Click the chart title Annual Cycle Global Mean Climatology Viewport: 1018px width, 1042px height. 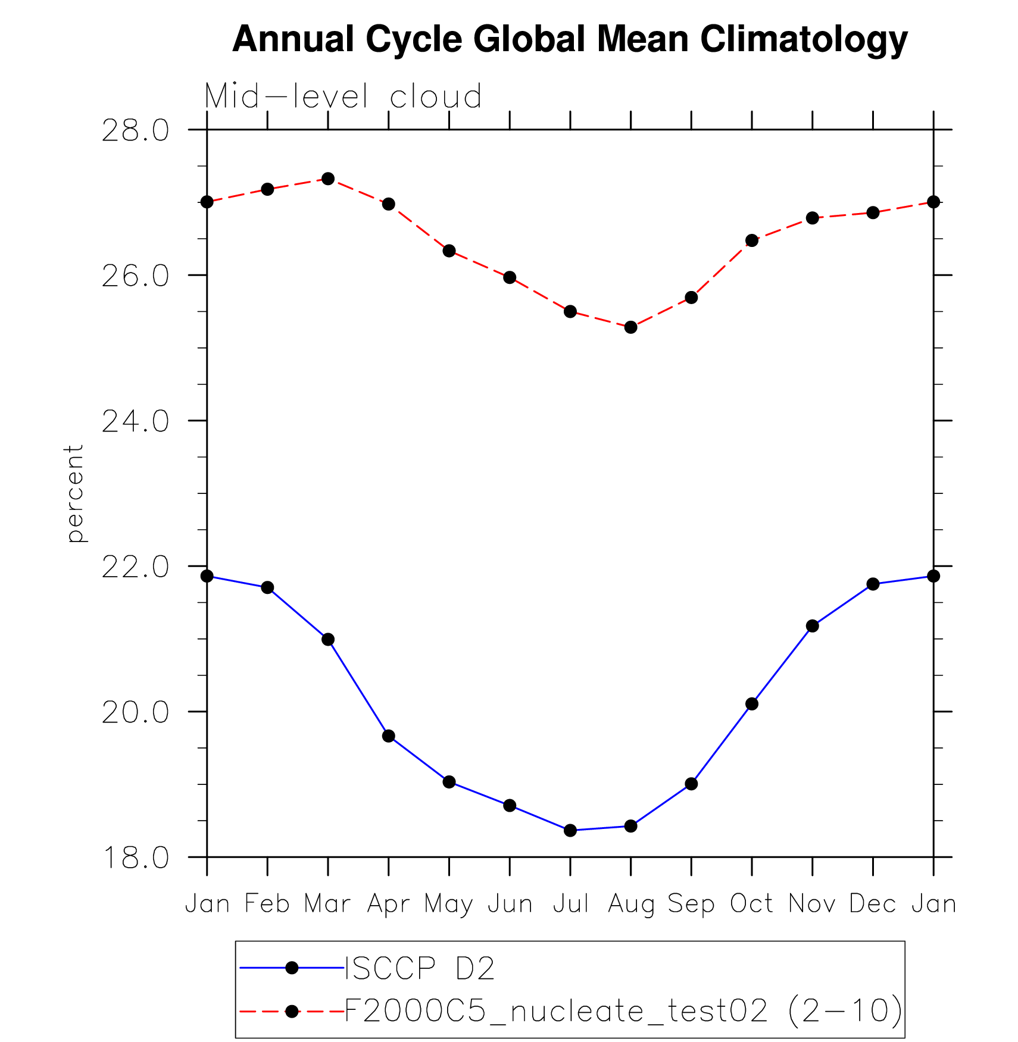pyautogui.click(x=570, y=39)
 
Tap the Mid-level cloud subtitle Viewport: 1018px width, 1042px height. pyautogui.click(x=343, y=96)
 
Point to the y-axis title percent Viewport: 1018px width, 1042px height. pyautogui.click(x=74, y=494)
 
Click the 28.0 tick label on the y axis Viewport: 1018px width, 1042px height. pyautogui.click(x=135, y=130)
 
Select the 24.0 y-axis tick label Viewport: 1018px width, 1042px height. pyautogui.click(x=135, y=421)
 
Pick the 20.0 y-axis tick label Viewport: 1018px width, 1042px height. pyautogui.click(x=135, y=712)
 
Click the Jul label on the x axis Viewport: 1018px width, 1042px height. pyautogui.click(x=570, y=904)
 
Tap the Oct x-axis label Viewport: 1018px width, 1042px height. pyautogui.click(x=752, y=904)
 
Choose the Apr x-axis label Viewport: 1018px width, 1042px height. pyautogui.click(x=388, y=904)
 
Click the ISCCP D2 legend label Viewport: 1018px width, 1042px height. pyautogui.click(x=420, y=968)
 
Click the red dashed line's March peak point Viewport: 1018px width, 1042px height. pyautogui.click(x=328, y=179)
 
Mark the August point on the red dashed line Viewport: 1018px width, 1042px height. pyautogui.click(x=631, y=327)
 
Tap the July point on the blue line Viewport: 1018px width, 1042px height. pyautogui.click(x=570, y=830)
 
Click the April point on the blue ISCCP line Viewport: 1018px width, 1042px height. pyautogui.click(x=389, y=736)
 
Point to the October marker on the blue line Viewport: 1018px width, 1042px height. pyautogui.click(x=752, y=704)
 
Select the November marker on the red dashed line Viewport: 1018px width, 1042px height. pyautogui.click(x=813, y=218)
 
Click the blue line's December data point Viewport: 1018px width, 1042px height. pyautogui.click(x=873, y=584)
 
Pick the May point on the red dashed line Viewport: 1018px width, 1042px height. pyautogui.click(x=449, y=251)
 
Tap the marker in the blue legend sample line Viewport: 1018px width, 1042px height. pyautogui.click(x=292, y=968)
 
